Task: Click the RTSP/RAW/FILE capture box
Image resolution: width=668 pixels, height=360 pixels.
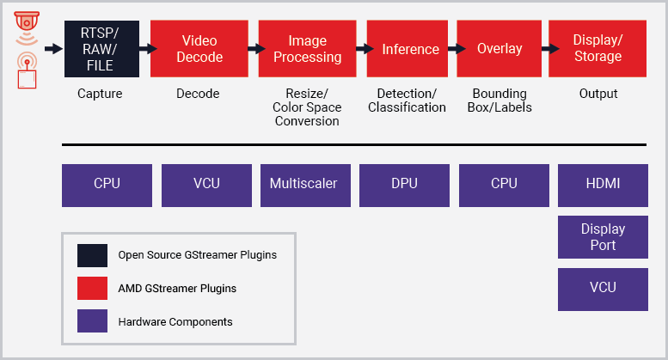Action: tap(101, 49)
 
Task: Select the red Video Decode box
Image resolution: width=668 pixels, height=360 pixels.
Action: tap(199, 49)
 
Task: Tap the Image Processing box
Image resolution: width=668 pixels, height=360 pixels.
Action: tap(307, 49)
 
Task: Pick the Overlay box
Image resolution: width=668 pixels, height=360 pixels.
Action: tap(499, 49)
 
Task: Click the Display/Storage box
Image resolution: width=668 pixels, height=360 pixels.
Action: tap(598, 49)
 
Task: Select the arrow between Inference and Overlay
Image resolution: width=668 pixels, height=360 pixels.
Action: tap(451, 49)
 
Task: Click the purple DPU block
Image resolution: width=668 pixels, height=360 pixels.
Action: tap(404, 185)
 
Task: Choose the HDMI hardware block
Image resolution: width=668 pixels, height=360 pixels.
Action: tap(603, 185)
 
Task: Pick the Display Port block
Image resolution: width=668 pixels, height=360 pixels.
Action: tap(603, 237)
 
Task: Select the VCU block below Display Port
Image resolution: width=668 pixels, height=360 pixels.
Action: tap(603, 289)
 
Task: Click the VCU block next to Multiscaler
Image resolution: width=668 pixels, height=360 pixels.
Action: tap(206, 185)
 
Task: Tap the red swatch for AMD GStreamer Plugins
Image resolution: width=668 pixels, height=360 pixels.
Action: tap(92, 289)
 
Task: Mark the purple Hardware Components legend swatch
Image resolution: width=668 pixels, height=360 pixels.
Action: tap(92, 322)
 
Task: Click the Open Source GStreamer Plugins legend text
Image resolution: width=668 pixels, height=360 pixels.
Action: tap(197, 255)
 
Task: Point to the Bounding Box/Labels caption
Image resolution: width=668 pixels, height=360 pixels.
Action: tap(501, 101)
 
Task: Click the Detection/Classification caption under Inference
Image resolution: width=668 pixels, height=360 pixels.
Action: tap(407, 101)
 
